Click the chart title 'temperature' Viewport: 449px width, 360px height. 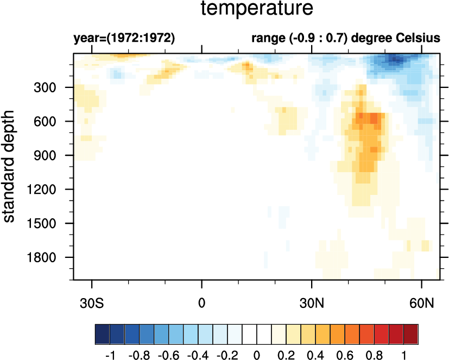click(257, 9)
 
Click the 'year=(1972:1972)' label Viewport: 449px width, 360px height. click(124, 39)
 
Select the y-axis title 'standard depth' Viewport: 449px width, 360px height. click(10, 167)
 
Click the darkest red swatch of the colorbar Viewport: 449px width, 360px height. click(411, 331)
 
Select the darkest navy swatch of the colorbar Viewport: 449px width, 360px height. click(102, 331)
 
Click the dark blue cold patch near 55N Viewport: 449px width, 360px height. click(393, 60)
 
